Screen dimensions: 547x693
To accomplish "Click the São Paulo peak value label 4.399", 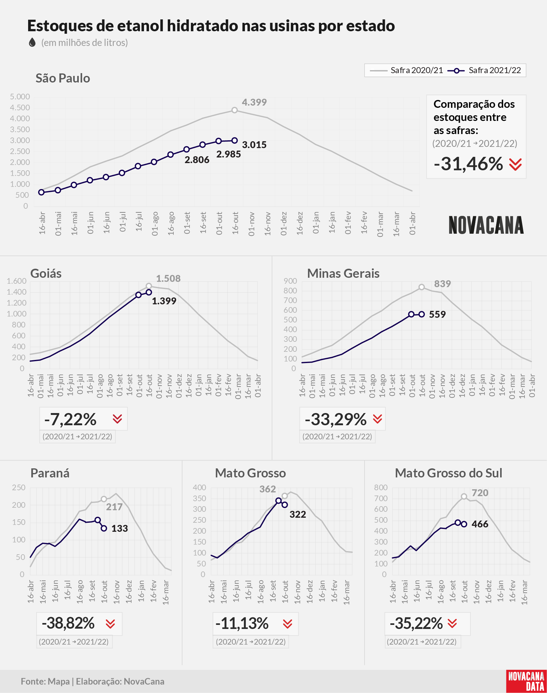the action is [x=254, y=102].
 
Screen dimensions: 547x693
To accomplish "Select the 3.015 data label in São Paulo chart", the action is [x=254, y=145].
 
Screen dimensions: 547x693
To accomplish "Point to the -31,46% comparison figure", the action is [x=468, y=164].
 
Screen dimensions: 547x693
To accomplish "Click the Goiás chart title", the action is [x=46, y=273].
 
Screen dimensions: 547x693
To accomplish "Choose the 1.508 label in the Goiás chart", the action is [x=168, y=279].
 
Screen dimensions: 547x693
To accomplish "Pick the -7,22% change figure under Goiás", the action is [x=70, y=419].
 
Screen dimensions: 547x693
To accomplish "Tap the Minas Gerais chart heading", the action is [x=343, y=273].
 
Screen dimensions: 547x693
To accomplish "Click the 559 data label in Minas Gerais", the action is [x=437, y=315].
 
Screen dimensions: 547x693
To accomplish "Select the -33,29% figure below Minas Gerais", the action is [x=336, y=419].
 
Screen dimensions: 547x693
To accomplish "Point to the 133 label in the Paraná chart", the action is [x=119, y=528].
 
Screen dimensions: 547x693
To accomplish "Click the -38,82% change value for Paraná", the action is [x=68, y=623].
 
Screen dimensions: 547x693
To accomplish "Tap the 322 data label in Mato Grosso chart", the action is [x=298, y=514].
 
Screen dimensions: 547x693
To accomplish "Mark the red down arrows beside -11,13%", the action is [x=288, y=624].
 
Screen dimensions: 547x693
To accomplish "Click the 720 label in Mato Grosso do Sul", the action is [x=480, y=493].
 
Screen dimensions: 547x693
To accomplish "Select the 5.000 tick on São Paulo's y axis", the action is [x=20, y=97].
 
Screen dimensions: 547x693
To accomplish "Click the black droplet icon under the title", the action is [x=32, y=42].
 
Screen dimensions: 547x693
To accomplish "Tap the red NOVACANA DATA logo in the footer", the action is [x=526, y=681].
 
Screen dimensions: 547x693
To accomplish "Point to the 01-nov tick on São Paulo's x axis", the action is [x=251, y=224].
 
